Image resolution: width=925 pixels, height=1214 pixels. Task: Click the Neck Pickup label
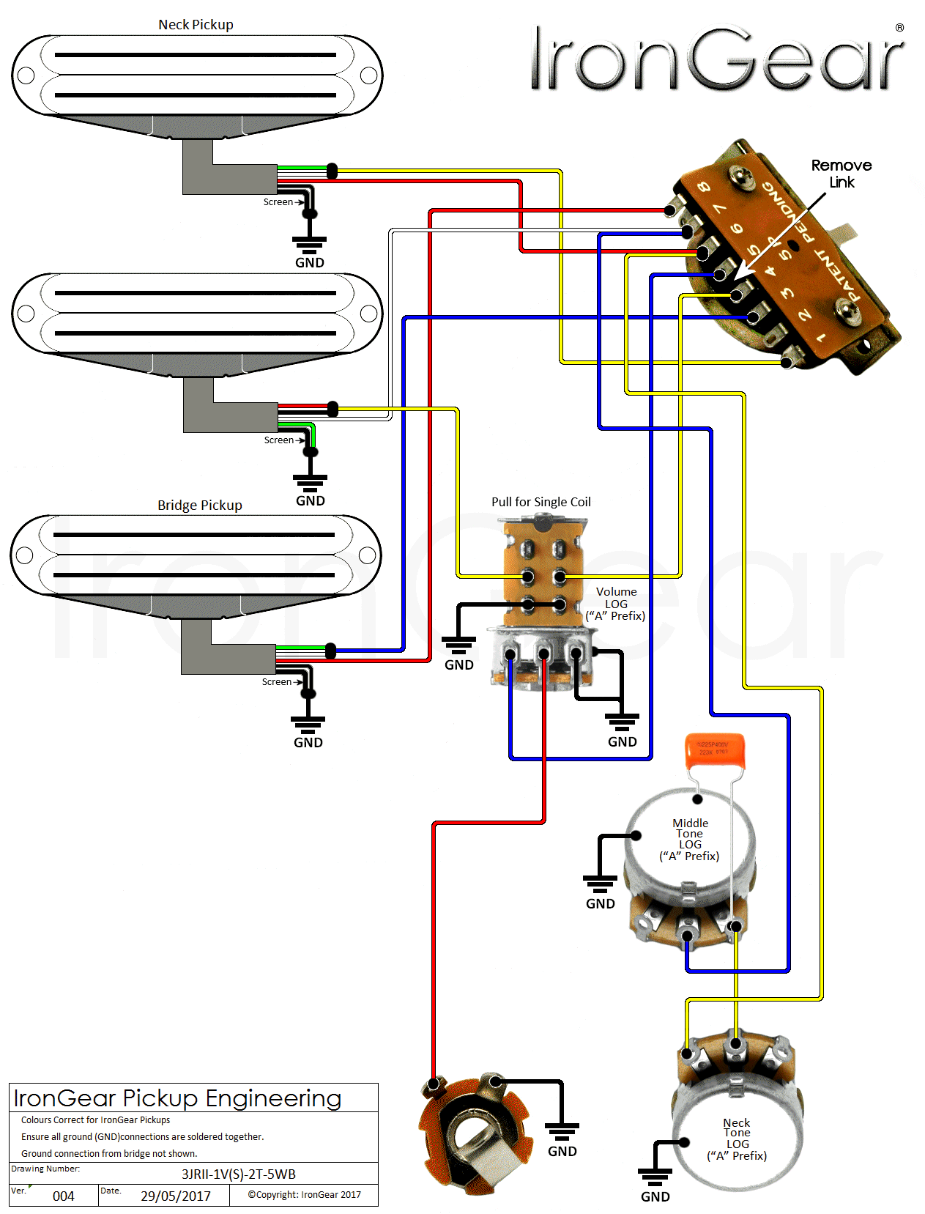pos(196,25)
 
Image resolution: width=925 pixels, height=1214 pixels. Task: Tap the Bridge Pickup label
pos(199,506)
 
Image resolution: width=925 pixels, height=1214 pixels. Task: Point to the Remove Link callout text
pos(842,174)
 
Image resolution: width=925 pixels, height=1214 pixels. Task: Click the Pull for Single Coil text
pos(540,502)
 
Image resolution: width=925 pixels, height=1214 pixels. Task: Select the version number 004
pos(64,1196)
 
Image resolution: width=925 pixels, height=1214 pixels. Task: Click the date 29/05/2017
pos(176,1196)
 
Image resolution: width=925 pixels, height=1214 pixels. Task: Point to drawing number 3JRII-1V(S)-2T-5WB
pos(239,1174)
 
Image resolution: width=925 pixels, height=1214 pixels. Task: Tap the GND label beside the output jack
pos(562,1151)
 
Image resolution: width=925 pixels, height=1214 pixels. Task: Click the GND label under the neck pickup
pos(310,262)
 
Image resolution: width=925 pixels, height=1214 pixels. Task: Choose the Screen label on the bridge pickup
pos(277,681)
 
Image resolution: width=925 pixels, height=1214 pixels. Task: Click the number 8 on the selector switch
pos(704,187)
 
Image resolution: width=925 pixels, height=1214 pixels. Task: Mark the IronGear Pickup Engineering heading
pos(177,1098)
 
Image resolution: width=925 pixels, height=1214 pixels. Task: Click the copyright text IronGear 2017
pos(304,1194)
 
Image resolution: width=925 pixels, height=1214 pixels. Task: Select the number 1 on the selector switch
pos(822,338)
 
